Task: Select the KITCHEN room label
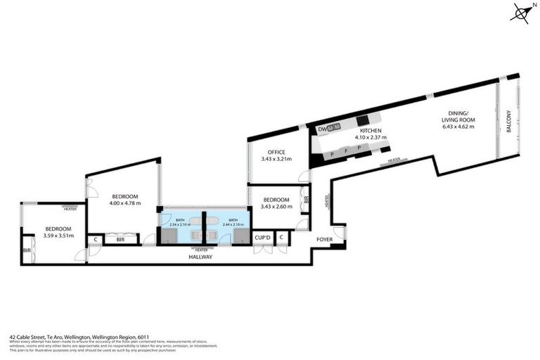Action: click(371, 131)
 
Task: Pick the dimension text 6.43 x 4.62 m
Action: click(458, 127)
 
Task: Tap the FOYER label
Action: click(324, 240)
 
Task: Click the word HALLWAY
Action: click(201, 257)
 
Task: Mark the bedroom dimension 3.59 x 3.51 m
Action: click(58, 236)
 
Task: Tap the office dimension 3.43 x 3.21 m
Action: click(276, 159)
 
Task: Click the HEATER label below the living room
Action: click(394, 160)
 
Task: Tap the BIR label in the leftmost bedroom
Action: click(27, 250)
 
